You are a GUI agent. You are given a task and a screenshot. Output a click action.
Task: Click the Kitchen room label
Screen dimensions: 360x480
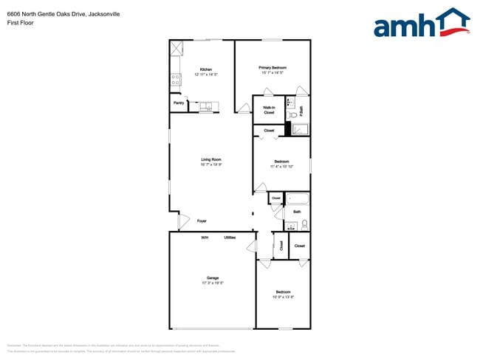pos(206,69)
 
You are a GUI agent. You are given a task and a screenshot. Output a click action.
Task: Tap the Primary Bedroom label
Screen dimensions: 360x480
pos(273,67)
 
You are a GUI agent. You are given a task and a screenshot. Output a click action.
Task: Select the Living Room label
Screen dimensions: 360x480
pos(211,159)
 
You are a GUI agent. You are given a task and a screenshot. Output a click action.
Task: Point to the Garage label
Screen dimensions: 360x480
pos(212,278)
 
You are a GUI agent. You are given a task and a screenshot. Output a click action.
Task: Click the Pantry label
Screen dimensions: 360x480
pos(179,103)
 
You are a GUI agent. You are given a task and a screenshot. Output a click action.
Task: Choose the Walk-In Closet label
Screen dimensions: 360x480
pos(269,110)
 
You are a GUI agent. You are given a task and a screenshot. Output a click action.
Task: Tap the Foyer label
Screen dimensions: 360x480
pos(202,221)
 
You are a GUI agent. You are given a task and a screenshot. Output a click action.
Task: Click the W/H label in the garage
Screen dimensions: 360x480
pos(205,238)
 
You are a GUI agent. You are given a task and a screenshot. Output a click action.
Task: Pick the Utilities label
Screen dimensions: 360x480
pos(230,238)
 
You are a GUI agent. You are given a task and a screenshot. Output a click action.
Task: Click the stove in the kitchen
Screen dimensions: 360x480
pos(176,77)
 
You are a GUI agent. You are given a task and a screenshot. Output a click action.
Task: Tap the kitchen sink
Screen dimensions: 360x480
pos(205,107)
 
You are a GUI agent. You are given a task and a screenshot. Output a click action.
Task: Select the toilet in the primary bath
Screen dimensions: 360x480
pos(292,114)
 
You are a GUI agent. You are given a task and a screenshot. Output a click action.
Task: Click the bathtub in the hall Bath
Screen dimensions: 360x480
pos(297,198)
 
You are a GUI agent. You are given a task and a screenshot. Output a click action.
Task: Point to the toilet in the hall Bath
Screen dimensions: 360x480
pos(304,224)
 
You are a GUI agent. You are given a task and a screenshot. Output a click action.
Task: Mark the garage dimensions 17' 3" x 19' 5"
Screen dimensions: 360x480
pos(212,283)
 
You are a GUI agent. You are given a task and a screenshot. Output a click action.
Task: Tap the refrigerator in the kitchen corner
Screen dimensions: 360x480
pos(177,49)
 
